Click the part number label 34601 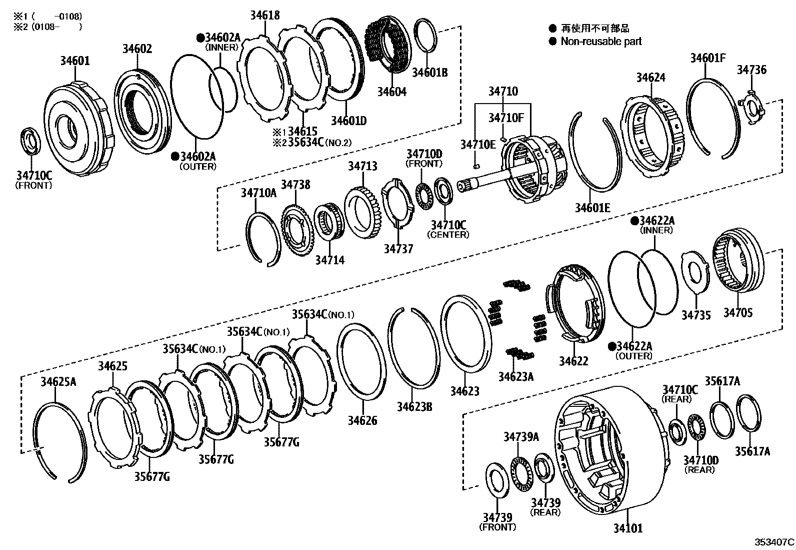[75, 61]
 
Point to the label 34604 [391, 92]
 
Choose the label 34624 [650, 78]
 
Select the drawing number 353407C [774, 541]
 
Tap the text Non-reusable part [601, 42]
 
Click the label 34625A [58, 382]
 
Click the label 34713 [362, 166]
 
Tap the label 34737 [398, 249]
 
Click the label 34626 [363, 420]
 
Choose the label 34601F [707, 58]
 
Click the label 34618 [264, 16]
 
